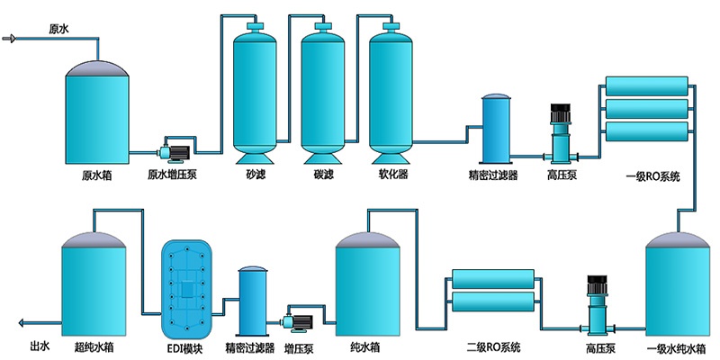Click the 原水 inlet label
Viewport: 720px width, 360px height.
(x=58, y=29)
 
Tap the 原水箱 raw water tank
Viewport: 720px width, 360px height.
(x=96, y=112)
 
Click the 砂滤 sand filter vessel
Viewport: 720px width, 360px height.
(x=256, y=90)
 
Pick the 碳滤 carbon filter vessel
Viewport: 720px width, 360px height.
(x=323, y=90)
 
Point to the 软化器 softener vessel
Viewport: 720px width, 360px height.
(x=391, y=90)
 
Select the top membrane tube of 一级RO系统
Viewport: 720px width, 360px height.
(x=648, y=87)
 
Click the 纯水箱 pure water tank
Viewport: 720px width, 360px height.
(x=366, y=283)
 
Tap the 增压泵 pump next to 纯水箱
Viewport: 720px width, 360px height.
(x=299, y=319)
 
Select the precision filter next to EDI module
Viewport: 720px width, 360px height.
(x=253, y=301)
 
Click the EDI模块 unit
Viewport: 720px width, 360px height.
(x=190, y=288)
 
